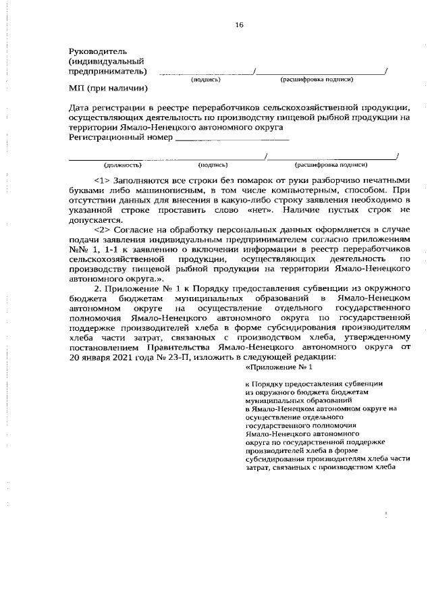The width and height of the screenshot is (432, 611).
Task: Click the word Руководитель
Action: tap(98, 51)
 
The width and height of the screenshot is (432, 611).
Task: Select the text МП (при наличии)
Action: tap(109, 88)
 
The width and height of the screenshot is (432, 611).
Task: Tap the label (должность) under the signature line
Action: tap(122, 164)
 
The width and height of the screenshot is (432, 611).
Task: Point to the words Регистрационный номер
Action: tap(121, 137)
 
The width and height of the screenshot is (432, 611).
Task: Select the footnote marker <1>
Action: tap(102, 180)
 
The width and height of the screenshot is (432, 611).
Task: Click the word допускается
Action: tap(96, 219)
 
